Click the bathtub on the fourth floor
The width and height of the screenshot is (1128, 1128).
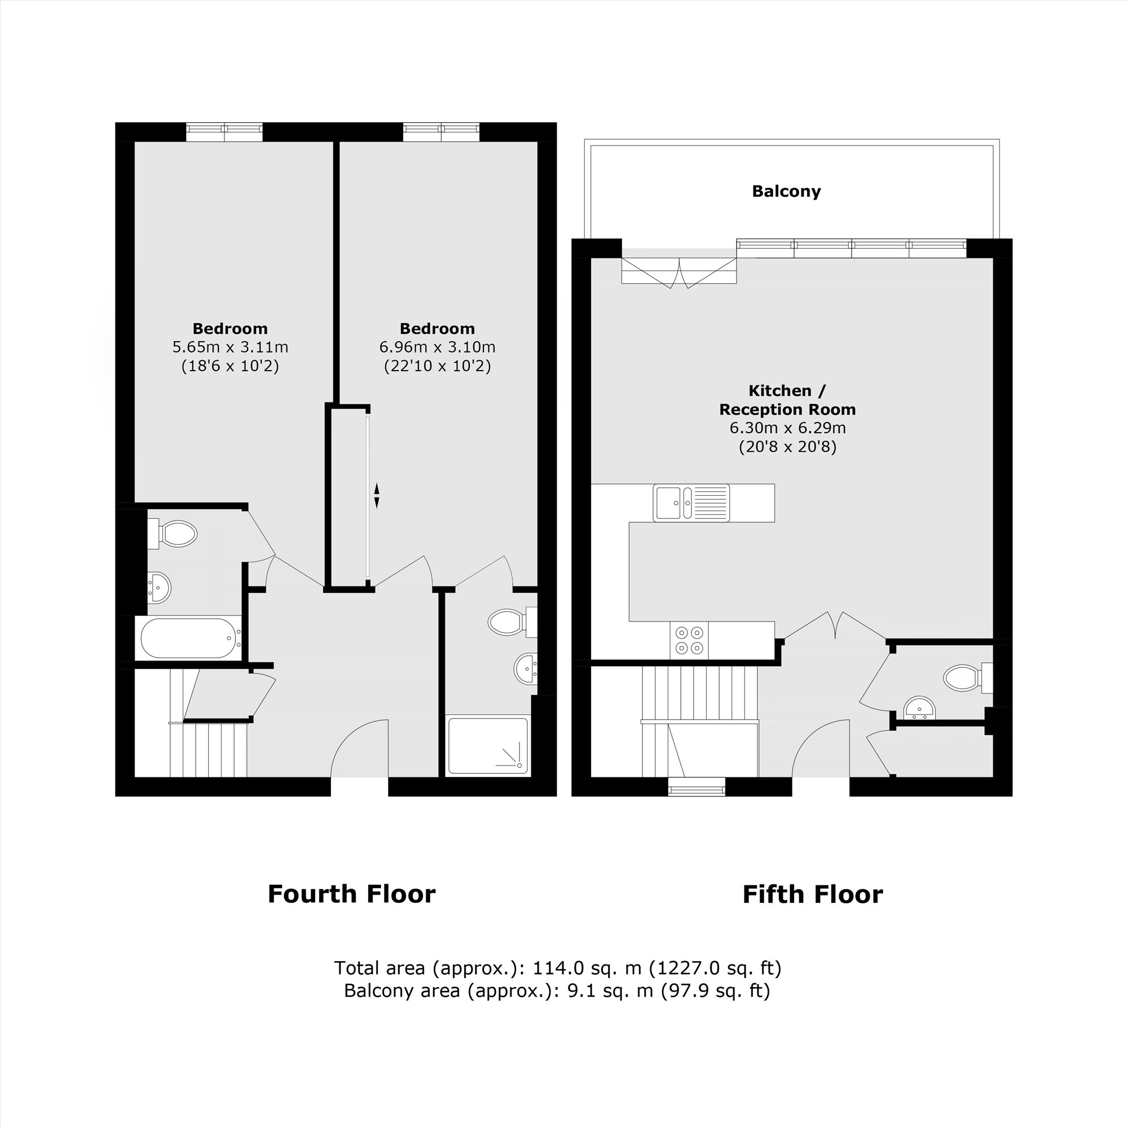tap(188, 638)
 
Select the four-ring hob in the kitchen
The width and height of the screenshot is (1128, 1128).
tap(689, 640)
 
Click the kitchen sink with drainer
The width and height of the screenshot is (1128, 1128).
tap(691, 503)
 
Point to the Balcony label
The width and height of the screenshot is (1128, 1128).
tap(786, 192)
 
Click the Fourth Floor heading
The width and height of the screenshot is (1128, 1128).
tap(351, 894)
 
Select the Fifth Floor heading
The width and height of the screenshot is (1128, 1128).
tap(812, 894)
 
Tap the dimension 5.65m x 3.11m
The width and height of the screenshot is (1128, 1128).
tap(230, 347)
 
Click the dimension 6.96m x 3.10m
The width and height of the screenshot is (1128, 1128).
tap(437, 347)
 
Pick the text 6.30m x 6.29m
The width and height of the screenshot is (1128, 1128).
tap(787, 428)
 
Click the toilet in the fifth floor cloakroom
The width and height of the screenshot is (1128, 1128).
tap(963, 677)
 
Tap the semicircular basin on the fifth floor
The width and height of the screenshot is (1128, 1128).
tap(919, 710)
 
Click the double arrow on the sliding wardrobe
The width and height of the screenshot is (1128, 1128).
tap(377, 495)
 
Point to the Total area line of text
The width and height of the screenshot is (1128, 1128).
tap(558, 968)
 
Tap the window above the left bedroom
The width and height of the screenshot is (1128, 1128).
tap(224, 132)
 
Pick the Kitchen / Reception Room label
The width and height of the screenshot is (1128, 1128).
tap(787, 400)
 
